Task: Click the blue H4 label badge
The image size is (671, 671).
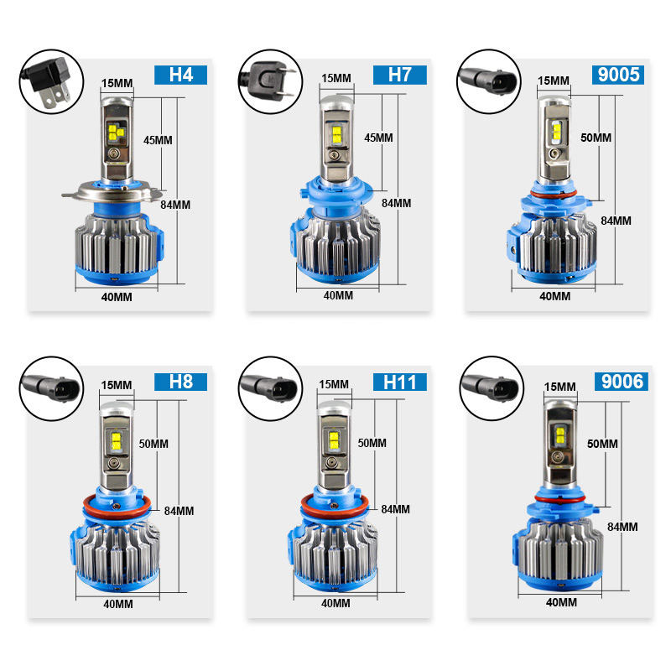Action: click(x=180, y=73)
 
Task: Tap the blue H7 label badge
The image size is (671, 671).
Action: click(x=400, y=75)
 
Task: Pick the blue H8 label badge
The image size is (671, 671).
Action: click(x=180, y=382)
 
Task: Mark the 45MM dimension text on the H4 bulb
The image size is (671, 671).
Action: click(x=158, y=140)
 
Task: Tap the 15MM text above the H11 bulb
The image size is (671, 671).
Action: click(x=333, y=384)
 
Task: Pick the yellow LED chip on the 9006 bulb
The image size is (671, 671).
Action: click(x=557, y=436)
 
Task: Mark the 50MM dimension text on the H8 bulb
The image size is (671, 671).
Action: click(x=154, y=443)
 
